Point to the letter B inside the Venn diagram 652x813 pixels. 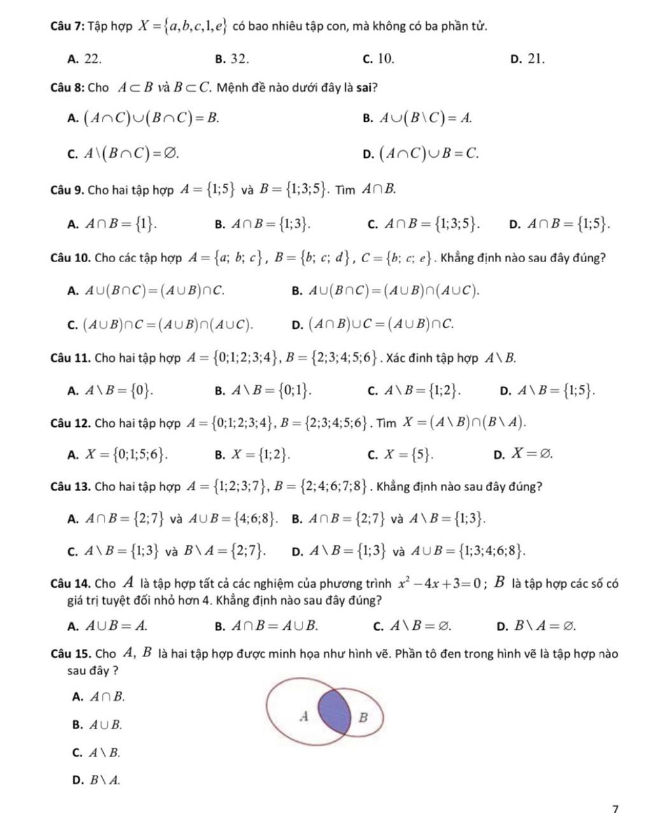click(x=364, y=718)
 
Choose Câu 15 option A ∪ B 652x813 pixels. click(x=105, y=724)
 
